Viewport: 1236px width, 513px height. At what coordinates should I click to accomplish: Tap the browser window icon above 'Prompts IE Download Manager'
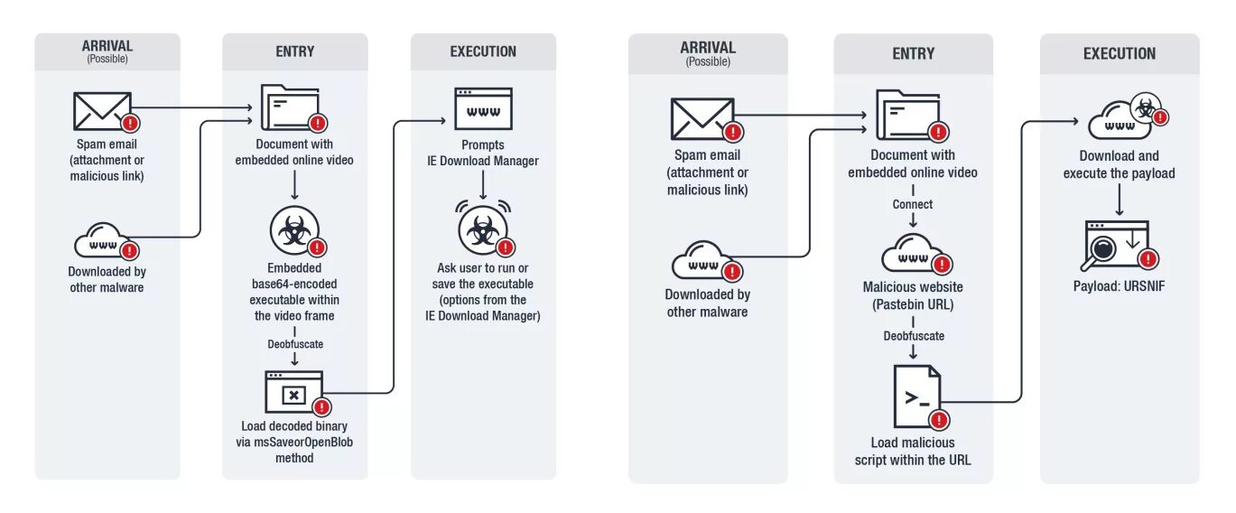(x=483, y=109)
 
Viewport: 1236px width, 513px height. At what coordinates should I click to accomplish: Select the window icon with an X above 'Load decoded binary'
(x=293, y=393)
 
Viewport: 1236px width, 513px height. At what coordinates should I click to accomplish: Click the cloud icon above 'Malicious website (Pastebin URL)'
(x=912, y=255)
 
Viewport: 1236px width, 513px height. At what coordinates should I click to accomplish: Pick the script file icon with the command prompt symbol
(x=916, y=396)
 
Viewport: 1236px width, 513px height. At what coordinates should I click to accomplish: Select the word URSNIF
(x=1141, y=286)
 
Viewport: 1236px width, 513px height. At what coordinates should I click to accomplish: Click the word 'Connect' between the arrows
(x=913, y=204)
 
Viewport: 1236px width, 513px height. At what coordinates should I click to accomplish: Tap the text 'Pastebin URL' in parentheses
(x=913, y=304)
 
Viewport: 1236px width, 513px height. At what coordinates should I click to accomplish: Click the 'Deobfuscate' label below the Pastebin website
(x=913, y=336)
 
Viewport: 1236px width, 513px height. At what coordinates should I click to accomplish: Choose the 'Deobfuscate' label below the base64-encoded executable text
(x=294, y=344)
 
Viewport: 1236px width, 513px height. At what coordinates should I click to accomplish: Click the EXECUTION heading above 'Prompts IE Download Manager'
(x=483, y=51)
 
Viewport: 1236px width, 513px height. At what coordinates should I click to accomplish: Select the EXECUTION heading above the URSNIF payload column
(x=1119, y=53)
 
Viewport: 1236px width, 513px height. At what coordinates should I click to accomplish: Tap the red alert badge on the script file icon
(x=939, y=420)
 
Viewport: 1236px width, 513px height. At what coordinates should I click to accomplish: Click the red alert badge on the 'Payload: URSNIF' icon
(x=1148, y=259)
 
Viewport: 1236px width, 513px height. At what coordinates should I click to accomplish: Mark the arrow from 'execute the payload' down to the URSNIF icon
(x=1119, y=201)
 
